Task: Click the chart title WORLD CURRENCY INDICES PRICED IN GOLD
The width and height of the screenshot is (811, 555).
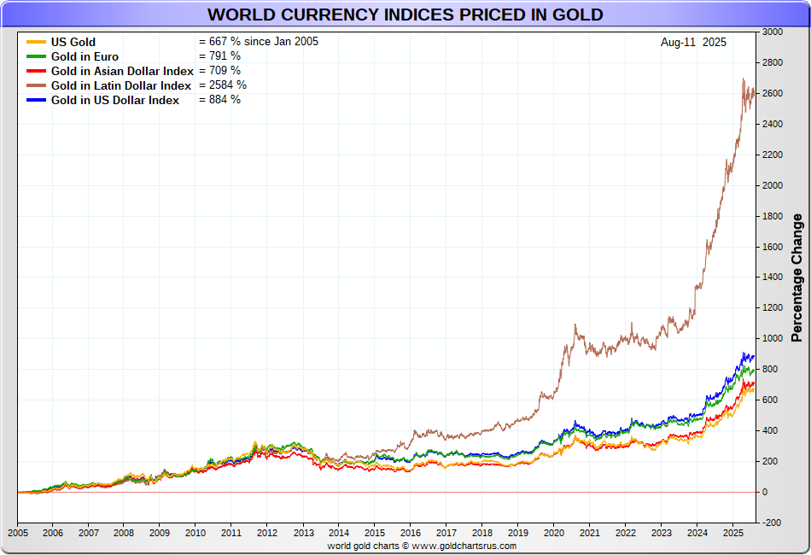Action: [405, 15]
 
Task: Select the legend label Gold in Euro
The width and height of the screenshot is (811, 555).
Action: [85, 56]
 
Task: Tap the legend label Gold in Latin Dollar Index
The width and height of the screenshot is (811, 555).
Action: [120, 85]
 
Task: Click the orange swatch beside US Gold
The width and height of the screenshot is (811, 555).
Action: [36, 42]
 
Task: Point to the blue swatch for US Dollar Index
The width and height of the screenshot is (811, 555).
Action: [36, 100]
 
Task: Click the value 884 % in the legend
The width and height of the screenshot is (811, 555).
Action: [219, 100]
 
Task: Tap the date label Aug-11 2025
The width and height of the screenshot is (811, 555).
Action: [693, 42]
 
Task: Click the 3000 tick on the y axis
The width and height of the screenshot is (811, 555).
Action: [772, 32]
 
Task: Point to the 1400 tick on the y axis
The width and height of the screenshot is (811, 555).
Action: [772, 277]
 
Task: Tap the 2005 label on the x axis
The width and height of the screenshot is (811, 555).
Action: [17, 532]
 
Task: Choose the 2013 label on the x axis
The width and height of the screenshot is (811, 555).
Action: [304, 532]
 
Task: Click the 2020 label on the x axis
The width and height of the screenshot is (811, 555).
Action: [553, 532]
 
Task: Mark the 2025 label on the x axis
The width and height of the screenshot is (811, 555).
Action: [732, 532]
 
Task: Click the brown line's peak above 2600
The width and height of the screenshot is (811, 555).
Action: [744, 79]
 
